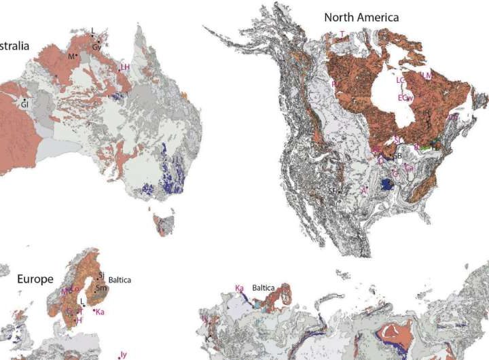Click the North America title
(361, 17)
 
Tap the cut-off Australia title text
(14, 46)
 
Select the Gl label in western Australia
(24, 105)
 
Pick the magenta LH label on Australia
(124, 67)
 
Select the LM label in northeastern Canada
(426, 75)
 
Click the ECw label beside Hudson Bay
(405, 98)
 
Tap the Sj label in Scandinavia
(101, 275)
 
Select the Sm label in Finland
(102, 287)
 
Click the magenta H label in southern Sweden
(79, 320)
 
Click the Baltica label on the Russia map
(266, 288)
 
